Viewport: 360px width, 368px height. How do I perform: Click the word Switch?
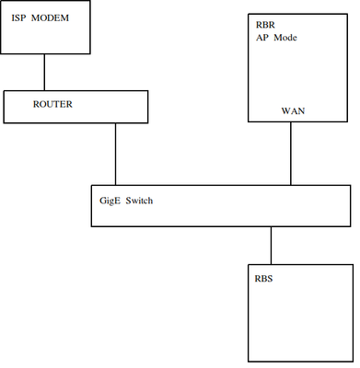138,199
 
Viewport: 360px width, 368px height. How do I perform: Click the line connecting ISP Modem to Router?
43,71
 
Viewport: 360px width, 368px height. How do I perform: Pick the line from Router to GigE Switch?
115,154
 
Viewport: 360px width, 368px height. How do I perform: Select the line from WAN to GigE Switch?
291,153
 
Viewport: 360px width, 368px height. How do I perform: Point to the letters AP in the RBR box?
261,40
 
